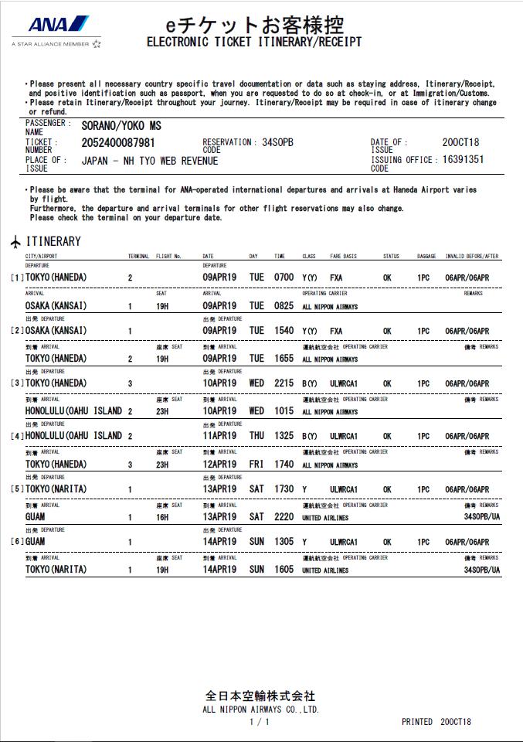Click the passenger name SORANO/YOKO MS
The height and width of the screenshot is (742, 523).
pos(121,126)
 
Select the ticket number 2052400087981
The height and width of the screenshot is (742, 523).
pos(118,143)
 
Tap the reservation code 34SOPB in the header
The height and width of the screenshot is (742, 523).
pos(278,142)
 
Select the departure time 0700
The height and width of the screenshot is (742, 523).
pos(284,277)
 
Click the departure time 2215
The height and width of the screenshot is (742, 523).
pos(284,383)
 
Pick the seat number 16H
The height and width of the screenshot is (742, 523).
pos(162,517)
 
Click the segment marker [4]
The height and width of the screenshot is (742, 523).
pos(17,437)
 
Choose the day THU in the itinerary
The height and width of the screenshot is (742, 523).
pos(256,436)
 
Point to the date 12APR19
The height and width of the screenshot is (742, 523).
pos(219,465)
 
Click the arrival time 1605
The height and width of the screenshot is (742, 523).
pos(284,570)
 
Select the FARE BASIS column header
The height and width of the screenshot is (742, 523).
pos(344,256)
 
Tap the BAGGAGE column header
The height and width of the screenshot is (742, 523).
pos(426,256)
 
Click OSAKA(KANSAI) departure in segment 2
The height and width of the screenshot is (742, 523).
pos(56,331)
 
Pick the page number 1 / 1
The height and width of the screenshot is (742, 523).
pos(260,722)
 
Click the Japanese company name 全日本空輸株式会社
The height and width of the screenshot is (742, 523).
pos(260,696)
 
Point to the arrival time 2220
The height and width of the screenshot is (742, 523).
pos(284,517)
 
